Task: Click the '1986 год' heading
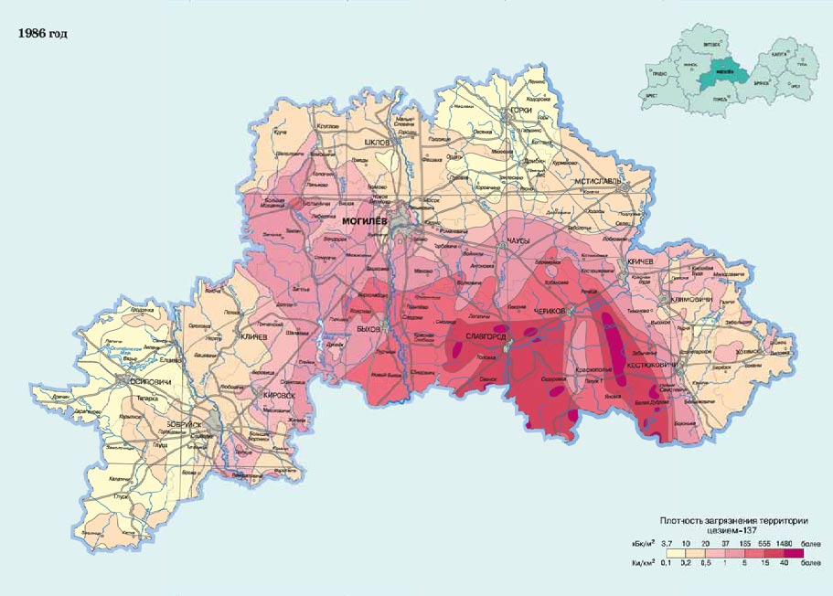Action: pos(42,35)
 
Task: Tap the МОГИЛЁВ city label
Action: pos(365,221)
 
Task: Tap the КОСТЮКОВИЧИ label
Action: pos(652,366)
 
